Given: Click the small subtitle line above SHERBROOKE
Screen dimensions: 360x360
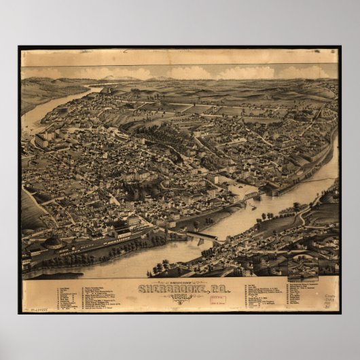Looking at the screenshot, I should coord(179,281).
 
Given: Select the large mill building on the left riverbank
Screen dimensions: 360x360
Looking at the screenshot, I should coord(42,140).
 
